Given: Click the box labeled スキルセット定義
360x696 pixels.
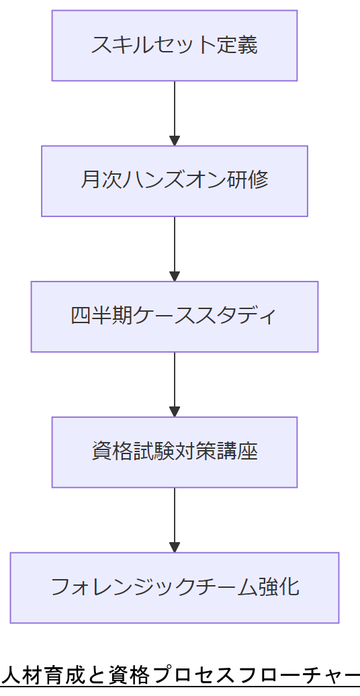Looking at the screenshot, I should (175, 46).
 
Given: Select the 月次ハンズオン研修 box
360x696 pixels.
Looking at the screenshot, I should (175, 181).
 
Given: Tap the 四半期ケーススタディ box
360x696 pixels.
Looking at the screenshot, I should (175, 316).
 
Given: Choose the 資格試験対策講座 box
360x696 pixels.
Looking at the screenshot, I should (175, 452).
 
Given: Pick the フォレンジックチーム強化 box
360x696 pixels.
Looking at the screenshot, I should (175, 588).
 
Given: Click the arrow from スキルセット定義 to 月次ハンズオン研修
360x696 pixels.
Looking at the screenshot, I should (175, 111).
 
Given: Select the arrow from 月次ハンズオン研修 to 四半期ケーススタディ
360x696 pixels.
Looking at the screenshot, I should (175, 247).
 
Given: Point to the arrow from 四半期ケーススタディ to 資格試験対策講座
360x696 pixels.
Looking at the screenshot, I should (175, 382).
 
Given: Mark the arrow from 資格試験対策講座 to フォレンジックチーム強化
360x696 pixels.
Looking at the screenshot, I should (175, 517).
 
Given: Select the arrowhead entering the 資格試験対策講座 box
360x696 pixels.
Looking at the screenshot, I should (175, 412).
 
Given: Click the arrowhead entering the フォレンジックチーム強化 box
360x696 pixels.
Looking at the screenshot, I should (175, 548).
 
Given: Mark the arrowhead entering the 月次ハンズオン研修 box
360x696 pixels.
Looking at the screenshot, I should (175, 141).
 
